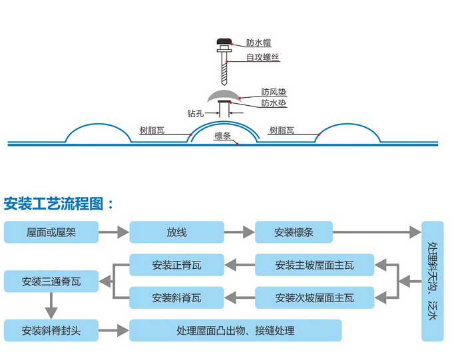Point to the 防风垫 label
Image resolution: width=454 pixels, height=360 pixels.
point(274,92)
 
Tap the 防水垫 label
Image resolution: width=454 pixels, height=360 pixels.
point(274,103)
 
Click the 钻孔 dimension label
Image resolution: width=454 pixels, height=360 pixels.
point(196,113)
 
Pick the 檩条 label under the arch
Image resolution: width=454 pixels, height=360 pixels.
point(222,136)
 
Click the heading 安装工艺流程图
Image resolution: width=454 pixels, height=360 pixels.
point(59,202)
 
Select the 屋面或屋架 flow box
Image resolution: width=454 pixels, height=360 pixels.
point(51,232)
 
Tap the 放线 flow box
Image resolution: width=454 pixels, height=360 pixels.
point(176,232)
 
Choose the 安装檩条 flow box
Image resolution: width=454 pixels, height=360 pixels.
point(294,232)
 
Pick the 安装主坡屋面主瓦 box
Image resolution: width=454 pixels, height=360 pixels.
point(315,266)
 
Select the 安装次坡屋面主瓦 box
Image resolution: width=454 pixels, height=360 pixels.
point(315,297)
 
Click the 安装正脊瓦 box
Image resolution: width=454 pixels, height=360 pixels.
point(176,266)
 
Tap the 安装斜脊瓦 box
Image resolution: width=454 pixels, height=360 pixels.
point(176,297)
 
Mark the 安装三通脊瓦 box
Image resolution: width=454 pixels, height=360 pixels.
point(51,281)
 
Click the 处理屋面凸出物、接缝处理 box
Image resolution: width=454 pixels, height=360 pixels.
point(235,330)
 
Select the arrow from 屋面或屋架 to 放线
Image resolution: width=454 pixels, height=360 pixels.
point(114,233)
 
